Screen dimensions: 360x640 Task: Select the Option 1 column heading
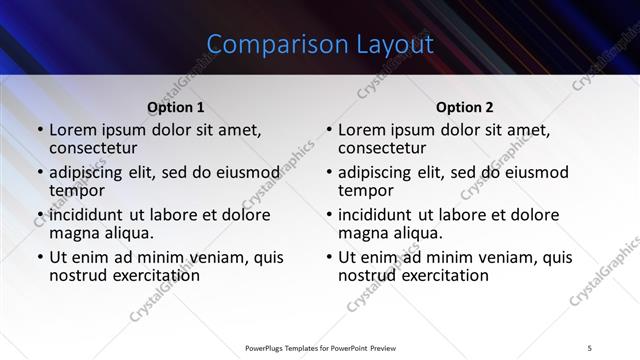point(176,107)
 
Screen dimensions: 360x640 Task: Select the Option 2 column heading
point(465,107)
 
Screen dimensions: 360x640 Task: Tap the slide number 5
point(590,347)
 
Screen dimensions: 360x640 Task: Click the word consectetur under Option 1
point(98,148)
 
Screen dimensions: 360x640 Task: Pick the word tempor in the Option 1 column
point(77,190)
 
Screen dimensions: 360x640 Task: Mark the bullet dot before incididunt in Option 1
point(39,215)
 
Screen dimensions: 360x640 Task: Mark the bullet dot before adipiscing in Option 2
point(329,173)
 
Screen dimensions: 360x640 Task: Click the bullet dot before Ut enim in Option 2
point(329,257)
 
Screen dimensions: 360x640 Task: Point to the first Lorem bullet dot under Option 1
point(39,130)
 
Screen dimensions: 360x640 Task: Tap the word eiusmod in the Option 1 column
point(240,172)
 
